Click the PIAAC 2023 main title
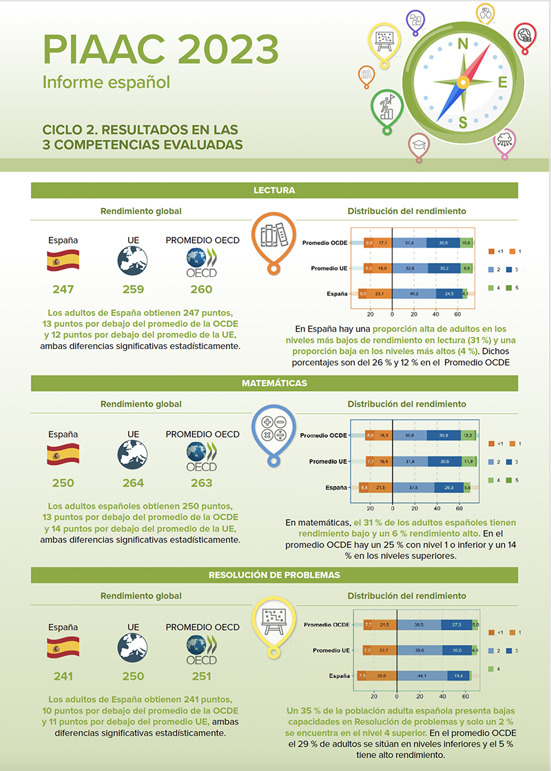tap(160, 49)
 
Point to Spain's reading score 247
tap(63, 289)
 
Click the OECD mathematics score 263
tap(202, 483)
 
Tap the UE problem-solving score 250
tap(133, 676)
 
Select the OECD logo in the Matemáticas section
tap(202, 456)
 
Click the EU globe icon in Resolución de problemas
tap(133, 648)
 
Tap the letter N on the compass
tap(464, 44)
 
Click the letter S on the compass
tap(463, 123)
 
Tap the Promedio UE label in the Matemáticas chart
tap(328, 461)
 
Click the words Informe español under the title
tap(106, 83)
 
